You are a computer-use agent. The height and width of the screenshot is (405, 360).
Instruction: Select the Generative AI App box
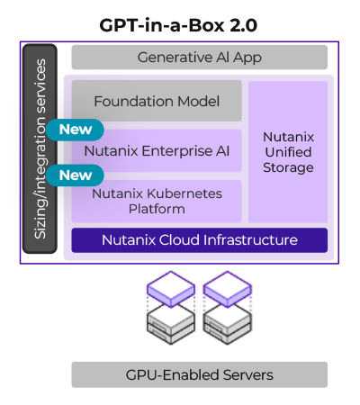coord(199,58)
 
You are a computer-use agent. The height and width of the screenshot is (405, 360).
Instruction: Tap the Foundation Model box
coord(157,101)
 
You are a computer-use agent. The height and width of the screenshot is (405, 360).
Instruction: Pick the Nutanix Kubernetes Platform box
coord(157,201)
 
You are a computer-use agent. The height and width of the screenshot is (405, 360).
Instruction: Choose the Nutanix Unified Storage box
coord(288,151)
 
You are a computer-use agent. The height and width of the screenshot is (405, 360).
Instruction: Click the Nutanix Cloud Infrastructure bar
coord(199,240)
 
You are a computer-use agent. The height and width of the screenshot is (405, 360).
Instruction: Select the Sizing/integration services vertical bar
coord(40,148)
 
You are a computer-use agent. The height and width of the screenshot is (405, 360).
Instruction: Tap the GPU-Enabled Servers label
coord(199,374)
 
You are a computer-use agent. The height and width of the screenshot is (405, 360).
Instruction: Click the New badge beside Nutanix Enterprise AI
coord(75,129)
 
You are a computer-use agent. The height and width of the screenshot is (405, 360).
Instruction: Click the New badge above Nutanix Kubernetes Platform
coord(75,175)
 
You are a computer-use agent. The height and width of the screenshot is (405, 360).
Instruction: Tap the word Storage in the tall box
coord(288,167)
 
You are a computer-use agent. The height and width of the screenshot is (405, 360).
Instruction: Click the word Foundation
coord(128,101)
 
